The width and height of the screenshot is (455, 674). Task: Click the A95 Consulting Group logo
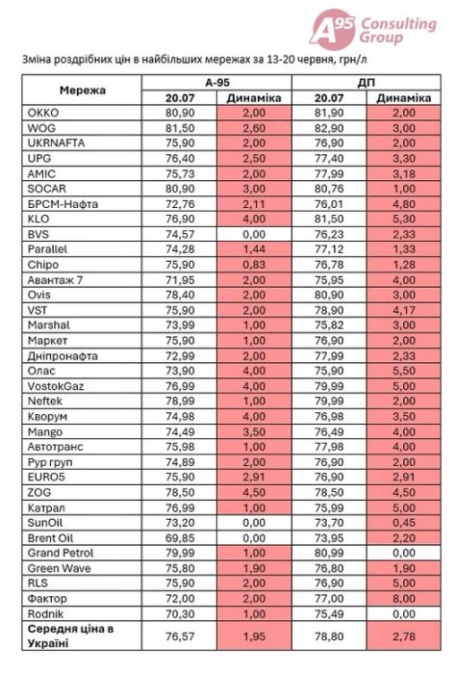point(372,28)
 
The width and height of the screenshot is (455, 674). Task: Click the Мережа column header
point(83,91)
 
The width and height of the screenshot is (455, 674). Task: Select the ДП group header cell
point(367,83)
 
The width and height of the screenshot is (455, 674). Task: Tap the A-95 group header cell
point(217,83)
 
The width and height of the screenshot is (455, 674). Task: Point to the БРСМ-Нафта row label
point(63,204)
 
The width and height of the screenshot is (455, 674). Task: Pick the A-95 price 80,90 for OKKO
point(180,113)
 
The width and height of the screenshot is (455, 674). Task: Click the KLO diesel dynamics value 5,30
point(403,219)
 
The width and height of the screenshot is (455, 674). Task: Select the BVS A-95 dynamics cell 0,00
point(254,234)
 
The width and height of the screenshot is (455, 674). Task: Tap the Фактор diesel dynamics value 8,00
point(403,598)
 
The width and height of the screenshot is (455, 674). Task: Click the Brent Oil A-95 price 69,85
point(180,537)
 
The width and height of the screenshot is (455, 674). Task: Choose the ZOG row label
point(39,492)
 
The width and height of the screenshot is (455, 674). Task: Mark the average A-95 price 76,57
point(180,635)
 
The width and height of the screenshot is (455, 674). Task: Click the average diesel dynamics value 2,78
point(403,635)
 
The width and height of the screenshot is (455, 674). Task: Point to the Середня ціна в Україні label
point(70,635)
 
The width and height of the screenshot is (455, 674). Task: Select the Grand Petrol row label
point(61,553)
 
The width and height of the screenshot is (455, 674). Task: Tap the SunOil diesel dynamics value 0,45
point(403,523)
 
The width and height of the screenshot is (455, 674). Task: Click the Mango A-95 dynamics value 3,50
point(254,431)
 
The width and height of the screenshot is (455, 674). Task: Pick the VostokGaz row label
point(56,386)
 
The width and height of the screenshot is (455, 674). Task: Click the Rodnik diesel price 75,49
point(329,614)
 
